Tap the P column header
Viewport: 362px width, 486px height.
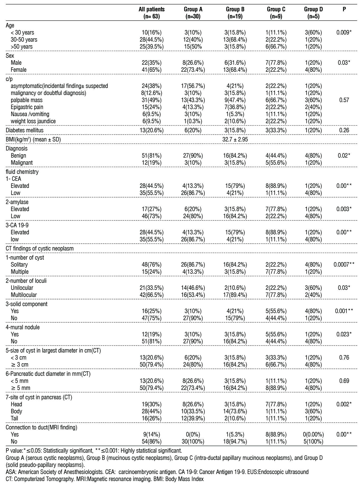tap(344, 10)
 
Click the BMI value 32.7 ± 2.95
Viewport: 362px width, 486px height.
tap(235, 139)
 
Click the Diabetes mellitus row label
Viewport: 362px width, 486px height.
tap(25, 130)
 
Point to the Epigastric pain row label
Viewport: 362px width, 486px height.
tap(27, 107)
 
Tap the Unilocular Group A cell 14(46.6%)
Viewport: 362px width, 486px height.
tap(193, 288)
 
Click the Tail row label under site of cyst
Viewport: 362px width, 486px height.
tap(15, 418)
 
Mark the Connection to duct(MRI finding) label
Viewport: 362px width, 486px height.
tap(41, 428)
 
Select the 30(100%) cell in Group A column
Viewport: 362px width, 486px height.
tap(193, 442)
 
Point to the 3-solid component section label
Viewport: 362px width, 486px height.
tap(27, 304)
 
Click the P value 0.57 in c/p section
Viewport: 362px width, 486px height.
tap(344, 100)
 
